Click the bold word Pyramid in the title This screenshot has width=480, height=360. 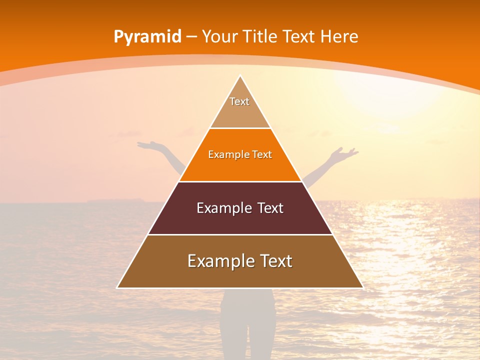pyautogui.click(x=147, y=36)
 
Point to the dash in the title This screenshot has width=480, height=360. pyautogui.click(x=191, y=37)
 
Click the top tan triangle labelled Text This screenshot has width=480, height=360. pyautogui.click(x=240, y=110)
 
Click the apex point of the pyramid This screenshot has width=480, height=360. pyautogui.click(x=240, y=76)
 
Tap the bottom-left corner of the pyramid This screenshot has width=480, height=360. pyautogui.click(x=118, y=287)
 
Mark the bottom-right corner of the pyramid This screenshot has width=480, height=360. pyautogui.click(x=362, y=287)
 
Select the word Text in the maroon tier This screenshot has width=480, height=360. pyautogui.click(x=267, y=208)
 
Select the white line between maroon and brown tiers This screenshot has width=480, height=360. pyautogui.click(x=240, y=234)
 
